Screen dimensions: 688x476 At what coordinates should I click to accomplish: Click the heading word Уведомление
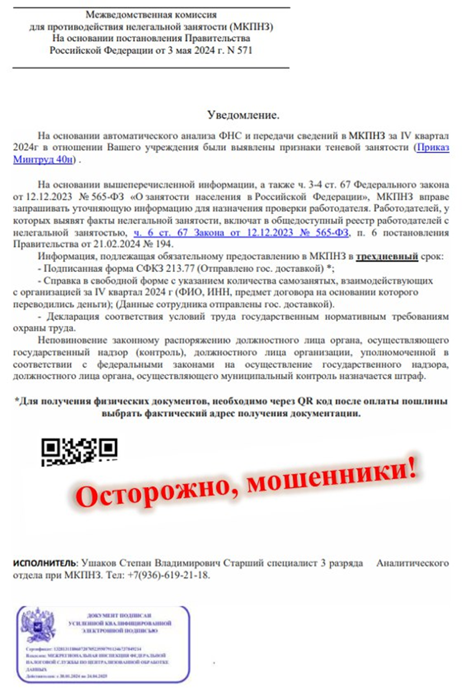coord(243,114)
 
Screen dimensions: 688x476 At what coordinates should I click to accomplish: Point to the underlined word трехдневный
coord(387,257)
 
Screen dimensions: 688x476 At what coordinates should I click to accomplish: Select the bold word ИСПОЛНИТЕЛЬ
coord(44,563)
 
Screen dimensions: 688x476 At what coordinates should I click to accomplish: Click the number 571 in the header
coord(244,51)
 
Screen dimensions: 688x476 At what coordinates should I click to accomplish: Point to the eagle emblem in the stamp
coord(38,625)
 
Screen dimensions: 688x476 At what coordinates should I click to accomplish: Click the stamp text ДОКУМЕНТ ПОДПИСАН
coord(120,616)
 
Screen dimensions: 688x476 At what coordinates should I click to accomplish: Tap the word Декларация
coord(73,316)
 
